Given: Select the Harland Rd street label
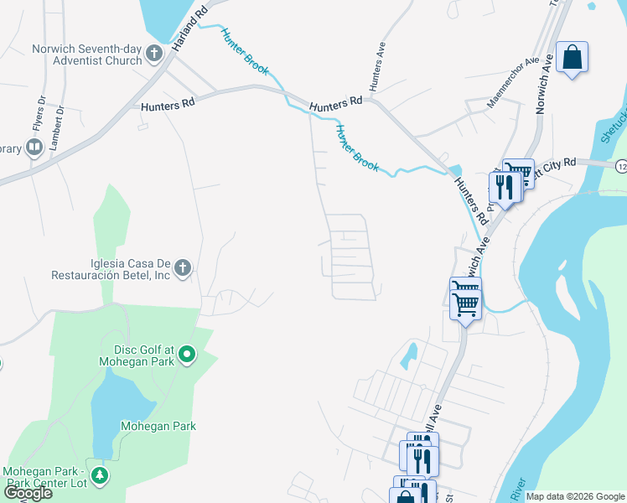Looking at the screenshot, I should click(189, 32).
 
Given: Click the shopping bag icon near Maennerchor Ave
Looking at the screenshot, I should click(572, 58).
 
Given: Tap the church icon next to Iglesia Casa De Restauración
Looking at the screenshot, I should click(183, 268).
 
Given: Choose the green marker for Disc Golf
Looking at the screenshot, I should click(188, 355).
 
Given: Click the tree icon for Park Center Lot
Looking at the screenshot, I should click(100, 476).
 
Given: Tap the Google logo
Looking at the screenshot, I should click(27, 494).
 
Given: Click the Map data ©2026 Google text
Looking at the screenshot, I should click(575, 496).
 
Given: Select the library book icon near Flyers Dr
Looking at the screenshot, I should click(34, 148).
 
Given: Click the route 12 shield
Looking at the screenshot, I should click(620, 165).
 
